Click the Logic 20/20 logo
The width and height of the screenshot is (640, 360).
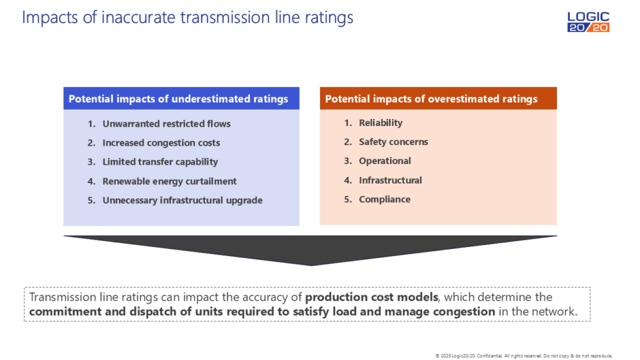588,22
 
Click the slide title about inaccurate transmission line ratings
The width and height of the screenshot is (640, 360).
187,17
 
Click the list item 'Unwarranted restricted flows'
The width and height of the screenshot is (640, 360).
166,123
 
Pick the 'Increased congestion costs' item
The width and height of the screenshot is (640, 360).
161,142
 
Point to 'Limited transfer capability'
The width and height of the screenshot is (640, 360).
160,161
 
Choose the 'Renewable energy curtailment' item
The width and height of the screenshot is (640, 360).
169,181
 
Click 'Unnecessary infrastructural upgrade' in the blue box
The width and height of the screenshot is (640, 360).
182,200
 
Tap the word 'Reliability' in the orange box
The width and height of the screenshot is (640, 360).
380,123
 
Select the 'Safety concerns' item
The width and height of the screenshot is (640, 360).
393,142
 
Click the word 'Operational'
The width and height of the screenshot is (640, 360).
385,161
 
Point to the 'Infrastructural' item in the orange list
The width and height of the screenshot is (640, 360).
390,180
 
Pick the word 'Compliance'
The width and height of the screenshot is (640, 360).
384,199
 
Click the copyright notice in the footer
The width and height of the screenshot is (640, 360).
524,355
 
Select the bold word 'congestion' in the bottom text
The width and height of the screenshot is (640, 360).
464,311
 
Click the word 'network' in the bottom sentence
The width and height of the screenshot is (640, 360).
556,311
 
